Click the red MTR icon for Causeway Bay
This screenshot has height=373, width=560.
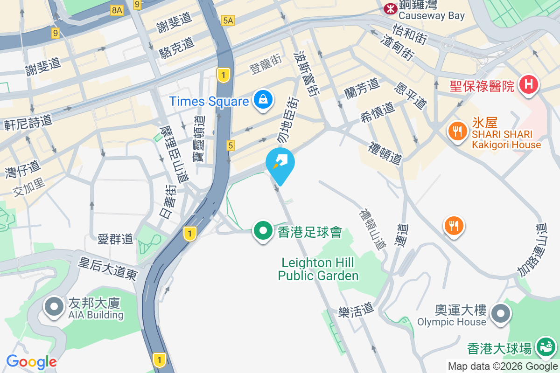389,8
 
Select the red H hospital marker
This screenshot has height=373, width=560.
528,85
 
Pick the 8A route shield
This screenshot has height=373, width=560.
117,10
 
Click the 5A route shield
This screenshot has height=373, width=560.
228,21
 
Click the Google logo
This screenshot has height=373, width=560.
31,361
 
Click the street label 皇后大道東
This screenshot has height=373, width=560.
108,269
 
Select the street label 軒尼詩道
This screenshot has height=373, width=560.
28,123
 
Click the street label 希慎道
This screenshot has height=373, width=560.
378,112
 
